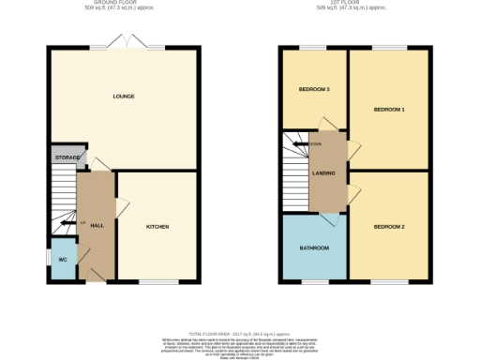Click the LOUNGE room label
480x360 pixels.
[x=123, y=97]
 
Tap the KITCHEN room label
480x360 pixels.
[x=157, y=228]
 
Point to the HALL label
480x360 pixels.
[x=97, y=226]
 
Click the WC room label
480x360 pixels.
[x=63, y=261]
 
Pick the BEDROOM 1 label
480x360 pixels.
[x=389, y=111]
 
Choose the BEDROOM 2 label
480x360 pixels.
[x=389, y=228]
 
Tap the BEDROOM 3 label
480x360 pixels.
[x=313, y=90]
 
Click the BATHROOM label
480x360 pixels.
[x=314, y=248]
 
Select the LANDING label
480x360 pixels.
[x=324, y=172]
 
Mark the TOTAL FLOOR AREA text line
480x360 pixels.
[x=239, y=335]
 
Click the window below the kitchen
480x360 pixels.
[x=153, y=282]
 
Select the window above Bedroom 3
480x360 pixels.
[x=312, y=48]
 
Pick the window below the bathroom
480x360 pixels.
[x=313, y=282]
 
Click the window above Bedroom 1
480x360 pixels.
[x=389, y=48]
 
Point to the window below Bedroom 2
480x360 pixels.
[x=386, y=282]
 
